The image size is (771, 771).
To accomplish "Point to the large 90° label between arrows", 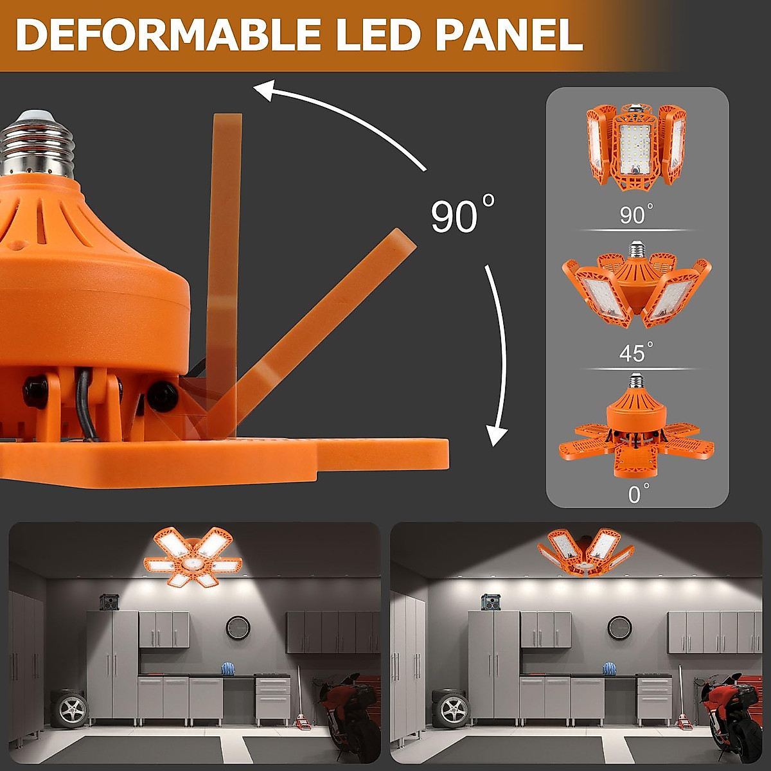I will [x=461, y=216].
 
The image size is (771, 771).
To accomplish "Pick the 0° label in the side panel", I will [x=637, y=493].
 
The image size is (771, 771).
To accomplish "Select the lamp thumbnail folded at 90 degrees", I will [x=636, y=148].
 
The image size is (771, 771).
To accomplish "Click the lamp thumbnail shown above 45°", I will [x=636, y=286].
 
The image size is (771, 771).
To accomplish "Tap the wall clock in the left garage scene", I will [x=238, y=627].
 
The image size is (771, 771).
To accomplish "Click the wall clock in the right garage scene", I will [x=620, y=627].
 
